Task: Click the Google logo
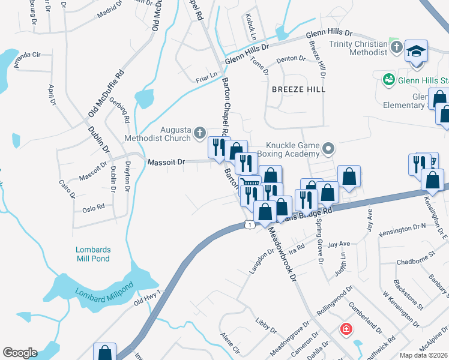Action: (x=20, y=353)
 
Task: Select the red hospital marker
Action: (x=346, y=329)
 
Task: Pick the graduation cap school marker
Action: (x=415, y=52)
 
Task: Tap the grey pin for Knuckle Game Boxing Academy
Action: (x=328, y=148)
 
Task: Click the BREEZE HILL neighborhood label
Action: (x=298, y=89)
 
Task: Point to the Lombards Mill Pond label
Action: (x=93, y=254)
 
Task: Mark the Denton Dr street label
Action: (x=291, y=60)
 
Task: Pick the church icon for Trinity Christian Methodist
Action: (x=395, y=47)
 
